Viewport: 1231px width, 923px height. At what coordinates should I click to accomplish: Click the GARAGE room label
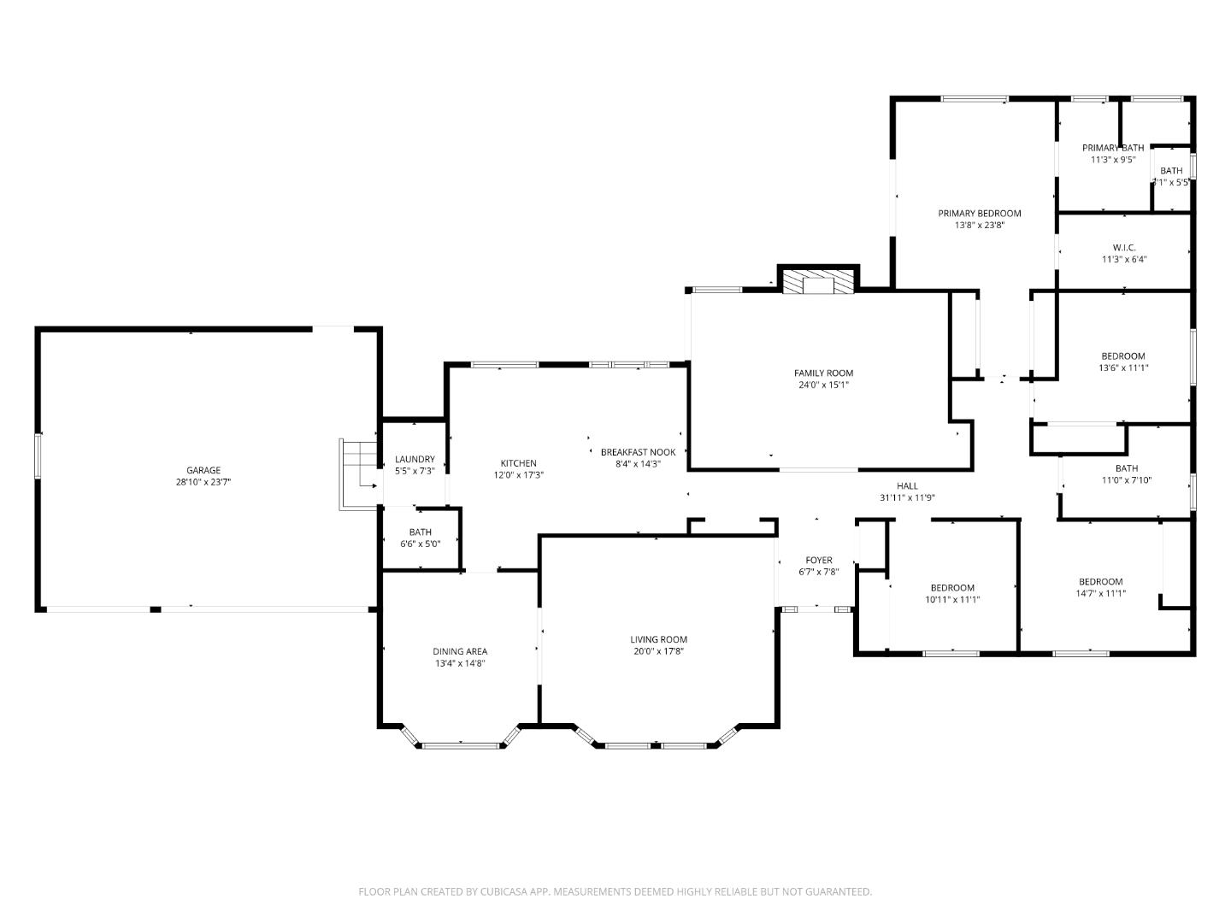(x=203, y=470)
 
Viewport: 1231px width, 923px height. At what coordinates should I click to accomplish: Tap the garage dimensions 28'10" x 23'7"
(x=203, y=482)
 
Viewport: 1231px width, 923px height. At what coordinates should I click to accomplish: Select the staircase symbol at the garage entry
(x=359, y=474)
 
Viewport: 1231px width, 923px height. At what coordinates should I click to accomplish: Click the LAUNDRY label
(x=415, y=460)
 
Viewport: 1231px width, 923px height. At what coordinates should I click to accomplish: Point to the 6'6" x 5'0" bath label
(x=420, y=538)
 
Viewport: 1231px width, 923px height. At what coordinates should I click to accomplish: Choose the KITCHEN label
(x=518, y=463)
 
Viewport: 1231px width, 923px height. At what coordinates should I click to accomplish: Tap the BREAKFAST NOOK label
(x=638, y=452)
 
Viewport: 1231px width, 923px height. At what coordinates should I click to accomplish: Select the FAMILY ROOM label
(x=823, y=373)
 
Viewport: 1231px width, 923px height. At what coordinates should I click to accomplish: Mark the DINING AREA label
(x=460, y=651)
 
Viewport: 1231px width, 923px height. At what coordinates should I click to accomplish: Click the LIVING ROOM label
(x=658, y=639)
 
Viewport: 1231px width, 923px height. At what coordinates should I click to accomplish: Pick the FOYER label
(x=818, y=561)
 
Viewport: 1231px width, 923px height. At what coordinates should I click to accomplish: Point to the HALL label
(x=907, y=486)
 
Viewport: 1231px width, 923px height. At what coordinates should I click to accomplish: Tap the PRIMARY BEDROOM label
(x=979, y=214)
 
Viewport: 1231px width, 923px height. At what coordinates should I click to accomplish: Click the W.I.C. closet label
(x=1123, y=248)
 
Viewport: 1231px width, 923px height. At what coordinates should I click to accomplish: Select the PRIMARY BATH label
(x=1112, y=148)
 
